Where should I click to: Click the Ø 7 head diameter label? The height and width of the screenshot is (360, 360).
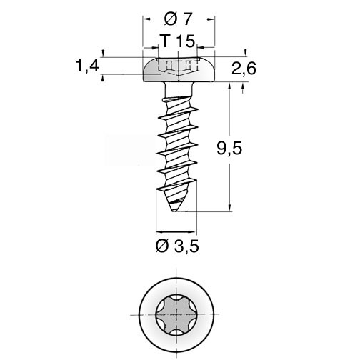pos(178,19)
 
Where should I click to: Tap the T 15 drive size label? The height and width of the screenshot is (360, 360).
pos(178,41)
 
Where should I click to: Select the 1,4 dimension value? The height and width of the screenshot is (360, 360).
pos(87,66)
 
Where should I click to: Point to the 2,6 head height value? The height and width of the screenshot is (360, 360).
pos(244,69)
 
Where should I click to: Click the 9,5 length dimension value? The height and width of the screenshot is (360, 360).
pos(229,149)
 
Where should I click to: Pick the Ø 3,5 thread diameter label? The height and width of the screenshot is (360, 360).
pos(177,246)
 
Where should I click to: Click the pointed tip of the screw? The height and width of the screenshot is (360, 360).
pos(174,211)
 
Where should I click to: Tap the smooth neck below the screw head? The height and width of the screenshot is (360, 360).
pos(179,89)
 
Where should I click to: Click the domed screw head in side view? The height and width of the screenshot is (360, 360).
pos(179,69)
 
